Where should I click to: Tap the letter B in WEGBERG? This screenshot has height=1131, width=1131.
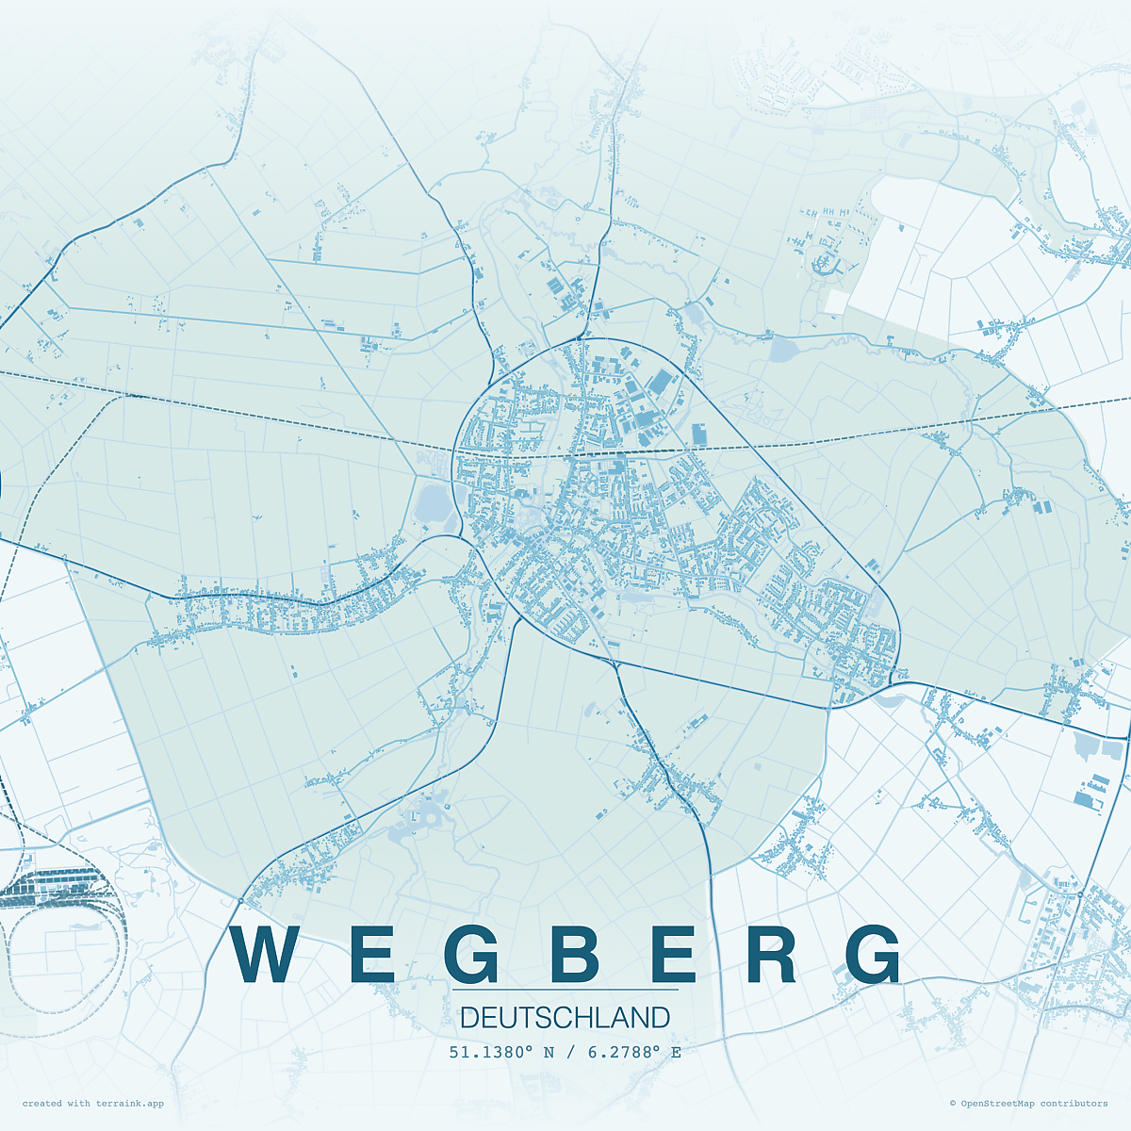pos(575,955)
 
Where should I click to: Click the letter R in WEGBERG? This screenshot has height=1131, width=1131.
pos(772,955)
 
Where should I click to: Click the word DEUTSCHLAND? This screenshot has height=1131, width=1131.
pos(565,1018)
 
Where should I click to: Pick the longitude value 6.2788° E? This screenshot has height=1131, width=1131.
pos(634,1052)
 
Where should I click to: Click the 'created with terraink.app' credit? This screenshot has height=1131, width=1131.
pos(92,1104)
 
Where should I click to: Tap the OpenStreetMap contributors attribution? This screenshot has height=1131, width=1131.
pos(1033,1104)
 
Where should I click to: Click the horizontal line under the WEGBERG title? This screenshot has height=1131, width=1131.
pos(565,990)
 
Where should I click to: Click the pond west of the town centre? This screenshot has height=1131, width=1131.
pos(434,502)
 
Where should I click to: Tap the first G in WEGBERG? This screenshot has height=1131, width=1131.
pos(471,955)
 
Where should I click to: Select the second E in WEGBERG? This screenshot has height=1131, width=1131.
pos(673,955)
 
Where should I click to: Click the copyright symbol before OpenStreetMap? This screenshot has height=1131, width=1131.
pos(952,1104)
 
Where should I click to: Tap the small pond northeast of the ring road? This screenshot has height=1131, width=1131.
pos(782,351)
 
